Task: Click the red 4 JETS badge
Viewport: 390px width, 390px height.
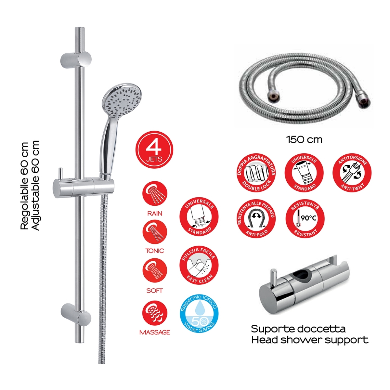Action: (x=154, y=150)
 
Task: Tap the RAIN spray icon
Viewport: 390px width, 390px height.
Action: (x=155, y=194)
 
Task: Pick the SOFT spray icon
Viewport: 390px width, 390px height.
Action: (x=155, y=271)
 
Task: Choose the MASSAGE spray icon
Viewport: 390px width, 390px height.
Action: (x=155, y=313)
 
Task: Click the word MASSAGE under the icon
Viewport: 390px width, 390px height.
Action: (x=155, y=332)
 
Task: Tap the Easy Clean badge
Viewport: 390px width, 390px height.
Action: (x=199, y=265)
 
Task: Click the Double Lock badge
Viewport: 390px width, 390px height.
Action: (x=256, y=173)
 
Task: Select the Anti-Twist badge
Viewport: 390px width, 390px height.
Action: (x=352, y=173)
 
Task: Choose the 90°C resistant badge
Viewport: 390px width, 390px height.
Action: (x=305, y=218)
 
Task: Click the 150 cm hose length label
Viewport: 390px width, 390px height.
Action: (x=304, y=140)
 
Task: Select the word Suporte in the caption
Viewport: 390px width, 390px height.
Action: (x=267, y=329)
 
